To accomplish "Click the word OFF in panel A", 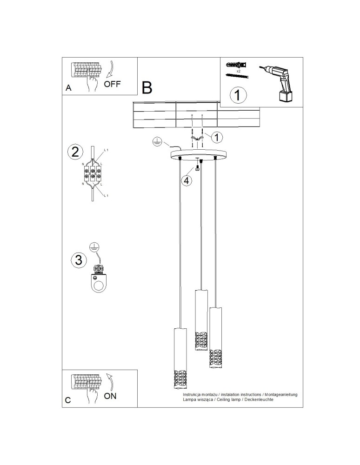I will pyautogui.click(x=113, y=84).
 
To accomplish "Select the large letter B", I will pyautogui.click(x=147, y=87).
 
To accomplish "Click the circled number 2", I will pyautogui.click(x=75, y=152).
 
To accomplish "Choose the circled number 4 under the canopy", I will pyautogui.click(x=186, y=180).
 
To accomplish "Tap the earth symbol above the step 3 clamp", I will pyautogui.click(x=94, y=247).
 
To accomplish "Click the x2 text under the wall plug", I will pyautogui.click(x=238, y=72).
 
